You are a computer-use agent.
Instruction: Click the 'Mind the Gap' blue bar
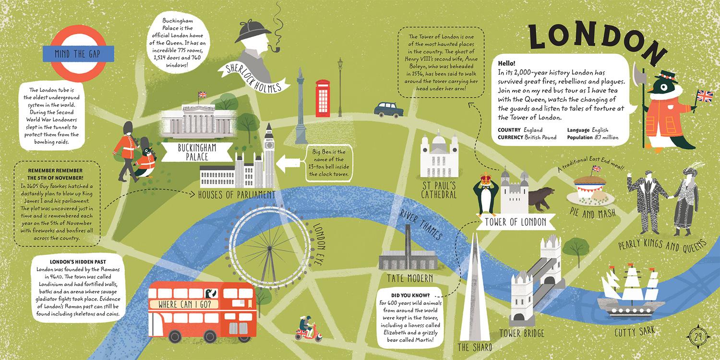coord(78,54)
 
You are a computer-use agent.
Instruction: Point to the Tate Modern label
coord(410,278)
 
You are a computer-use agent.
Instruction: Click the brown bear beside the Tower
coord(541,198)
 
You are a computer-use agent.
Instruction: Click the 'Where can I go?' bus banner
coord(185,304)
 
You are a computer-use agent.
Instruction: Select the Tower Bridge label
coord(521,333)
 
